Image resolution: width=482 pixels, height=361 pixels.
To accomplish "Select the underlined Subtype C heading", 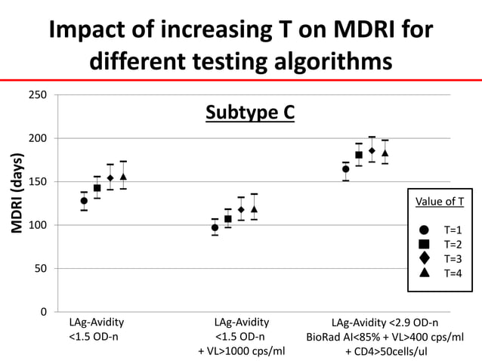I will [x=250, y=113].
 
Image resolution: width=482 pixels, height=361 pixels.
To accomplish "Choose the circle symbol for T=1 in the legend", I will [x=424, y=230].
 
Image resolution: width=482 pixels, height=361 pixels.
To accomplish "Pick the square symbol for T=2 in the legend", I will [x=424, y=244].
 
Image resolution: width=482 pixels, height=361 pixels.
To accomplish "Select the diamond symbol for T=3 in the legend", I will [x=424, y=258].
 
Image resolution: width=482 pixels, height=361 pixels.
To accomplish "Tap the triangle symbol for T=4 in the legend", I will [x=424, y=273].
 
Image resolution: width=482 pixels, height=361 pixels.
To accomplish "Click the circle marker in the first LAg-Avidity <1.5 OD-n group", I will [x=84, y=201].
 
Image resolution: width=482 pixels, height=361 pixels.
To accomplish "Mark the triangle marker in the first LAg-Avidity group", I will [x=123, y=177].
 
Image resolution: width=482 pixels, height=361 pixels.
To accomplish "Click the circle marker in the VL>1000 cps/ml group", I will [x=215, y=227].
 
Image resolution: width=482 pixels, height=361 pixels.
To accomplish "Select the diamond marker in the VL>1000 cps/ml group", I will [x=241, y=209].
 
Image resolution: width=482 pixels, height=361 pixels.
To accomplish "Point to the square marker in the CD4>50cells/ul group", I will [x=359, y=155].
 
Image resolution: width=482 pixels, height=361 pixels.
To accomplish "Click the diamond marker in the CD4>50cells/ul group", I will [x=372, y=150].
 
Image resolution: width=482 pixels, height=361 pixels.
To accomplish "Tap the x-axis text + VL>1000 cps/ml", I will [x=241, y=351].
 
